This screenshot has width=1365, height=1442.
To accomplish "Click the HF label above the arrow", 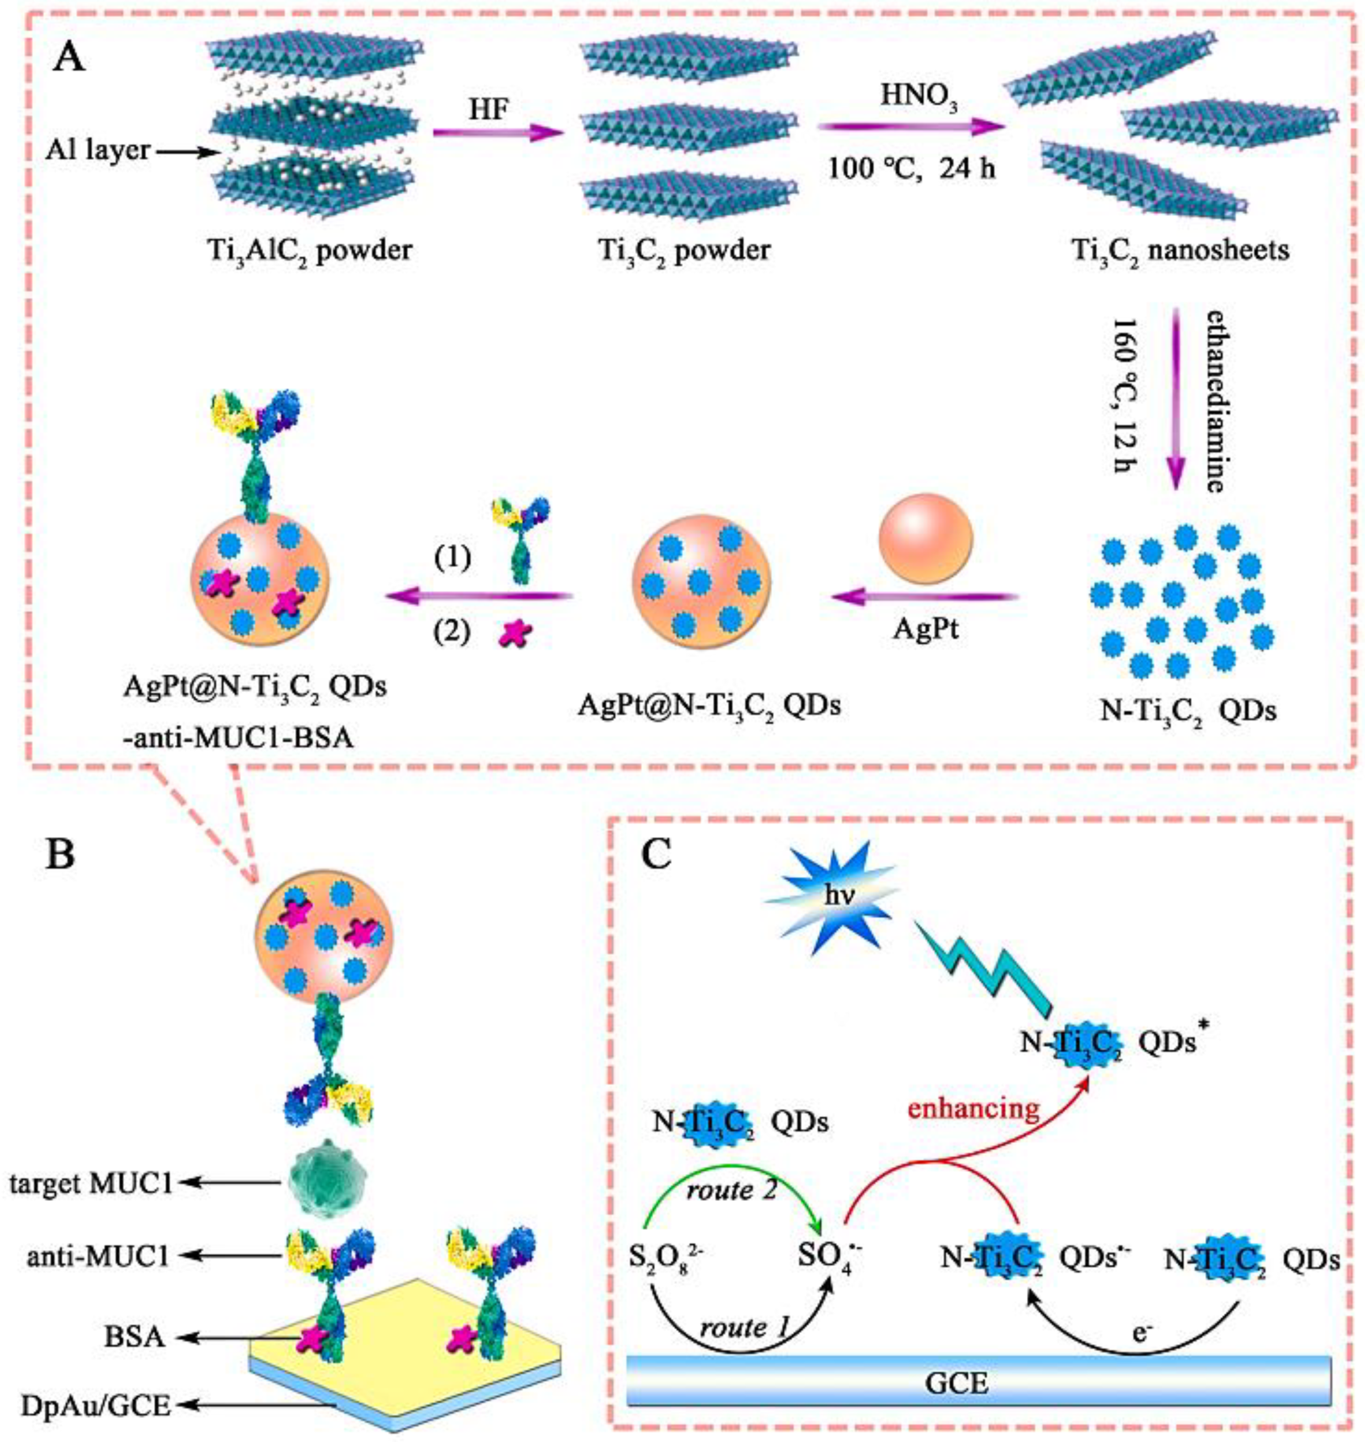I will click(x=487, y=110).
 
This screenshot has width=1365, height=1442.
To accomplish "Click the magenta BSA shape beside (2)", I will click(x=514, y=635).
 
